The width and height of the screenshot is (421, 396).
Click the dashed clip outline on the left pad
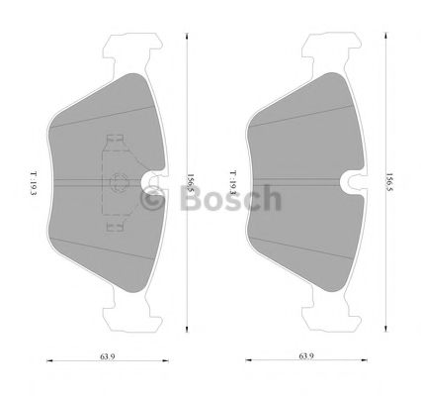(116, 183)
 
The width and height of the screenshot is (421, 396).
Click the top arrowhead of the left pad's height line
(186, 32)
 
